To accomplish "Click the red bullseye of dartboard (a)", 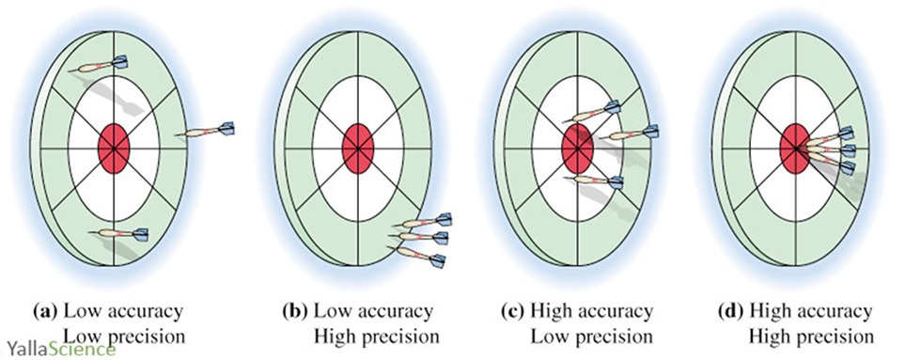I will pyautogui.click(x=115, y=146).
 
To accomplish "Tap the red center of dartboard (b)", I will pyautogui.click(x=357, y=146).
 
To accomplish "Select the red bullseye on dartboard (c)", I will pyautogui.click(x=575, y=147).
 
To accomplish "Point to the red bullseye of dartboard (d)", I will pyautogui.click(x=794, y=149).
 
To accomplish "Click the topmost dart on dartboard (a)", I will pyautogui.click(x=100, y=66).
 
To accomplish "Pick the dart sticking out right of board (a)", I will pyautogui.click(x=208, y=130).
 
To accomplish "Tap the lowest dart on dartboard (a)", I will pyautogui.click(x=119, y=233).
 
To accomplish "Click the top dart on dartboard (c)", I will pyautogui.click(x=592, y=113).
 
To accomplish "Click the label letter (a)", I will pyautogui.click(x=44, y=311).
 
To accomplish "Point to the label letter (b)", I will pyautogui.click(x=296, y=311).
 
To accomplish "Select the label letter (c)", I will pyautogui.click(x=514, y=311).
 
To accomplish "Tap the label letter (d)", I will pyautogui.click(x=732, y=311).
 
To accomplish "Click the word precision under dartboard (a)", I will pyautogui.click(x=133, y=336).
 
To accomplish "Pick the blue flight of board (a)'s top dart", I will pyautogui.click(x=119, y=63).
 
